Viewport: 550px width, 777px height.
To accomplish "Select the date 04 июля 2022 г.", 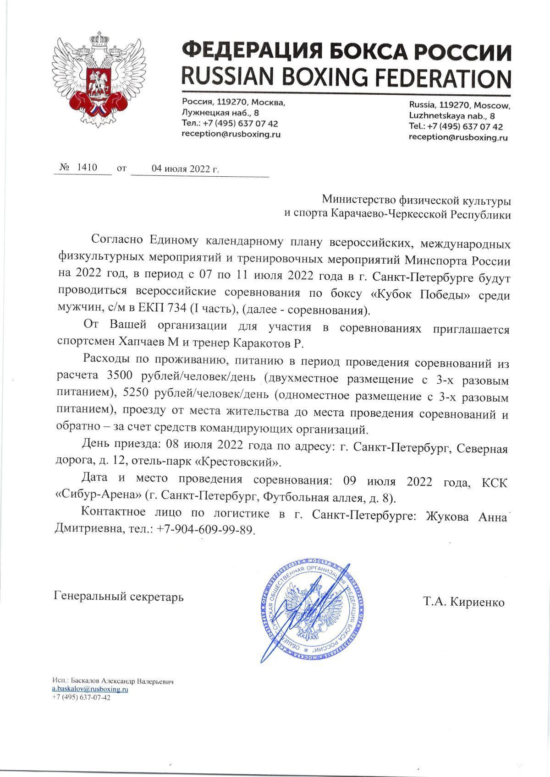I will [x=185, y=168].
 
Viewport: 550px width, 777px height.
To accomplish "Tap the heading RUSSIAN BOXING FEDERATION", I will [x=346, y=77].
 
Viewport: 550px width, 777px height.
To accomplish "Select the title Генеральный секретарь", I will [x=119, y=597].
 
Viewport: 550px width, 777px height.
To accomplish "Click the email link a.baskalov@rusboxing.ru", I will [x=90, y=689].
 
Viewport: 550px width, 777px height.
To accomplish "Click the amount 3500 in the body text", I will [x=119, y=376].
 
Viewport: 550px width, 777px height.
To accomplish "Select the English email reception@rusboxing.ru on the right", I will [x=458, y=137].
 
